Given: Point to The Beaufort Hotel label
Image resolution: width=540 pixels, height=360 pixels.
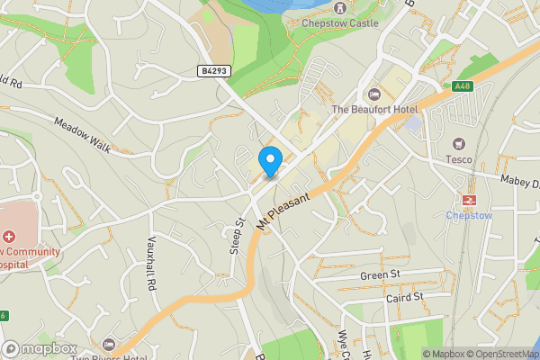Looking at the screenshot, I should (375, 110).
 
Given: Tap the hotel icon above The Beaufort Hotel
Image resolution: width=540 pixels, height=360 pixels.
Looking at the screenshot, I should (375, 94).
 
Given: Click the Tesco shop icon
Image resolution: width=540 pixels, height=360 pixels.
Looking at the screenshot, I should (459, 144).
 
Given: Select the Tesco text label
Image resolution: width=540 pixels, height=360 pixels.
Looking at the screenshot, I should (459, 160).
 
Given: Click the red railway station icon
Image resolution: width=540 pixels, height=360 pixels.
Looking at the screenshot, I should (469, 200).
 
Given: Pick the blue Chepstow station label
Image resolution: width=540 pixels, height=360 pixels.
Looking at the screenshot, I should (469, 215).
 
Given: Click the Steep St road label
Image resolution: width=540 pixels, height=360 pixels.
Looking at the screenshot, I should (238, 235).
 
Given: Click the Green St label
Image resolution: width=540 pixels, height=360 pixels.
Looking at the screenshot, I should (379, 274).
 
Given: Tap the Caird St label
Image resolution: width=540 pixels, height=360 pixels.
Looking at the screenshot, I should (404, 297).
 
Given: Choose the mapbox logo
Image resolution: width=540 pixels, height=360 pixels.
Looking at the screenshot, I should (40, 348).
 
